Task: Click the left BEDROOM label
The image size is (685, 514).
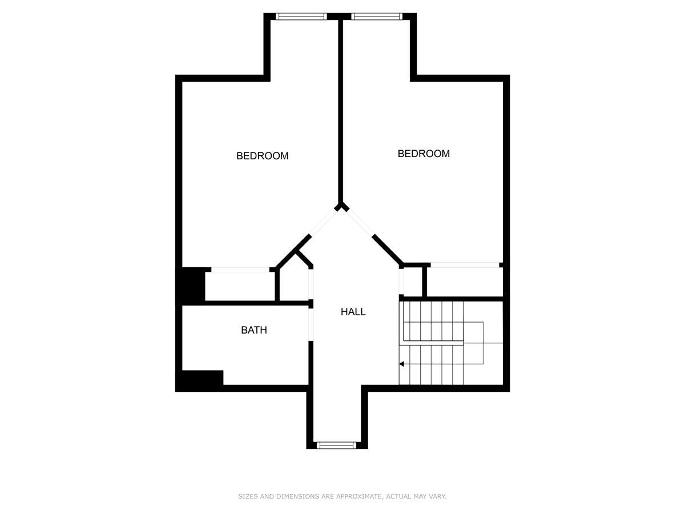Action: (x=262, y=156)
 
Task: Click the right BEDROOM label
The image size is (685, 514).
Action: (x=424, y=154)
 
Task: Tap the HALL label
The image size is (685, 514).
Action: (x=353, y=312)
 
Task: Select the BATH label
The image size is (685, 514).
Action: (x=253, y=330)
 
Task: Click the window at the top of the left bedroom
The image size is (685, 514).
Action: (x=301, y=17)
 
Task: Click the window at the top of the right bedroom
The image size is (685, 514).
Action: (x=377, y=17)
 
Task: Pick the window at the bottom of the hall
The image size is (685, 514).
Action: (x=337, y=445)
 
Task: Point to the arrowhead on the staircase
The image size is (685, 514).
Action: (x=402, y=364)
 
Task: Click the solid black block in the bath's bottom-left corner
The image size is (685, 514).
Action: (x=199, y=380)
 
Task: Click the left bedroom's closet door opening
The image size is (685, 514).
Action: (x=240, y=269)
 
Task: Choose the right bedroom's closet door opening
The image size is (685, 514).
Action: (x=465, y=264)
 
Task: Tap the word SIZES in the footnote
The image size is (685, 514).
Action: (x=248, y=497)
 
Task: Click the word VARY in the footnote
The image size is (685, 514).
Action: (x=438, y=497)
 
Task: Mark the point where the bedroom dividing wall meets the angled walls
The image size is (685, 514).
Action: (x=341, y=207)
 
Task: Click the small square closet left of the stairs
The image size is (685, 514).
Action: (x=413, y=282)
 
